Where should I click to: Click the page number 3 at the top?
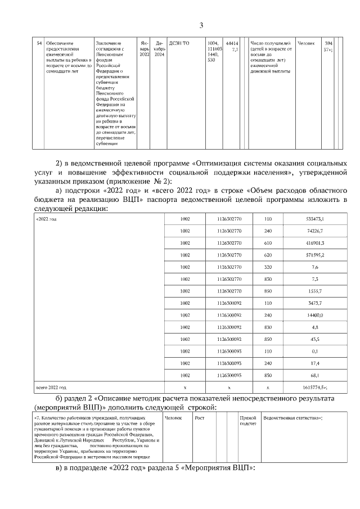tap(201, 25)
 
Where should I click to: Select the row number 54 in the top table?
tap(38, 43)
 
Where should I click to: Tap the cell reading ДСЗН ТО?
tap(179, 43)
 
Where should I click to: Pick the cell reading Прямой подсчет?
tap(248, 421)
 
